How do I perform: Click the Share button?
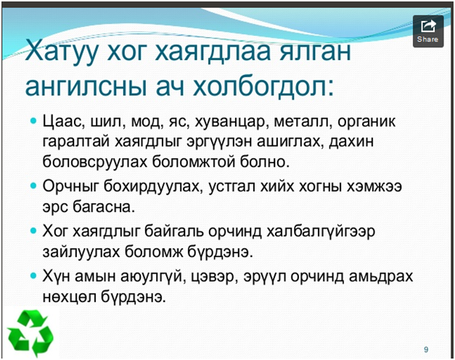click(x=428, y=31)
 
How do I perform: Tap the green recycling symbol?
click(x=30, y=333)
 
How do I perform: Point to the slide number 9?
click(x=426, y=349)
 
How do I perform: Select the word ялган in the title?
click(x=315, y=52)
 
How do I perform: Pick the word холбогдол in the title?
click(x=263, y=86)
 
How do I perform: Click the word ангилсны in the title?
click(x=86, y=87)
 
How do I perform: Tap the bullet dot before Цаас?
click(x=33, y=120)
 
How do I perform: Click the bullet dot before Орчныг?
click(x=33, y=185)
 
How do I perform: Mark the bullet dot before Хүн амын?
click(x=33, y=275)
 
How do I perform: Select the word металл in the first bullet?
click(x=303, y=122)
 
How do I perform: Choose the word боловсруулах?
click(x=95, y=163)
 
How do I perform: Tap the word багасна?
click(x=104, y=207)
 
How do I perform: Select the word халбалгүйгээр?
click(x=321, y=232)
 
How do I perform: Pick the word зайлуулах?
click(x=81, y=252)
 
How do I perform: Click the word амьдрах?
click(x=381, y=276)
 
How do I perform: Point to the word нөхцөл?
click(x=70, y=297)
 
